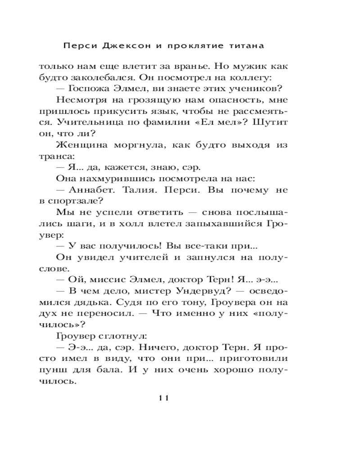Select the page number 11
click(x=163, y=398)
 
